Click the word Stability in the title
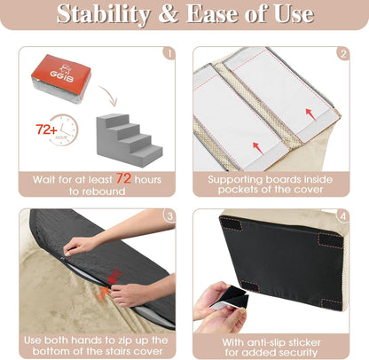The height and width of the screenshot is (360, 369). click(99, 15)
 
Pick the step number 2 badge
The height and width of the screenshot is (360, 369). click(342, 52)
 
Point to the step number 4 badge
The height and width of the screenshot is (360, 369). click(342, 216)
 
